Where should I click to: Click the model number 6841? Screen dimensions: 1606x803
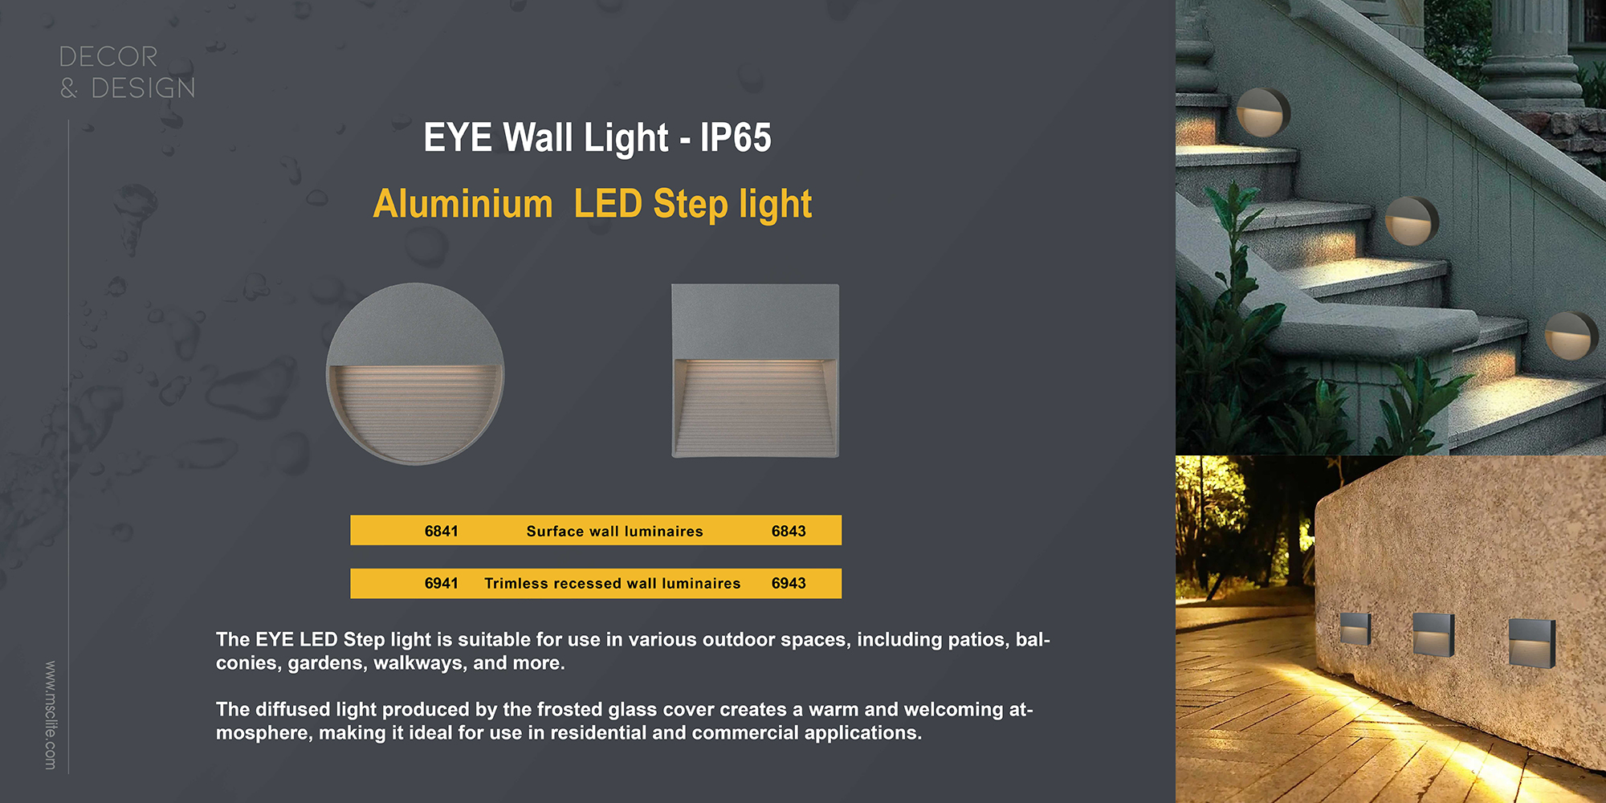442,531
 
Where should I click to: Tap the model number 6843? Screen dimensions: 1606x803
789,531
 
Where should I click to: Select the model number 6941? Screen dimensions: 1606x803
442,583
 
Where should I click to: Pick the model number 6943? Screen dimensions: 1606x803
789,583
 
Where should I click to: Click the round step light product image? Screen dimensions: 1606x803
415,373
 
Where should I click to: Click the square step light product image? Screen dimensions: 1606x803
756,371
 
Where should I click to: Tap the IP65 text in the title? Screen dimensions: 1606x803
736,137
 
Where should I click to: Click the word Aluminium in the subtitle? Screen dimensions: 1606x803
463,204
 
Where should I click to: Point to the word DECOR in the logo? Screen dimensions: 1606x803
108,57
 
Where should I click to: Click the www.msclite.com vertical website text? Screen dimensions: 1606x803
51,715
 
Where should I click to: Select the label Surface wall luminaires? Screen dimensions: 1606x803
615,531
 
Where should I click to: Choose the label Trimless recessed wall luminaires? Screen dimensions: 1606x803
613,583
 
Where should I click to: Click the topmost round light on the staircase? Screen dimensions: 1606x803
1263,112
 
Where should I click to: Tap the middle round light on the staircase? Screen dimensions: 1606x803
1412,221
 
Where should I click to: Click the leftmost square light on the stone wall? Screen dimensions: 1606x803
1355,629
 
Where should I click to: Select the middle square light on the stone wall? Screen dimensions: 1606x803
1433,634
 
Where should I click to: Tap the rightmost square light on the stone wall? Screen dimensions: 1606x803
1532,642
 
